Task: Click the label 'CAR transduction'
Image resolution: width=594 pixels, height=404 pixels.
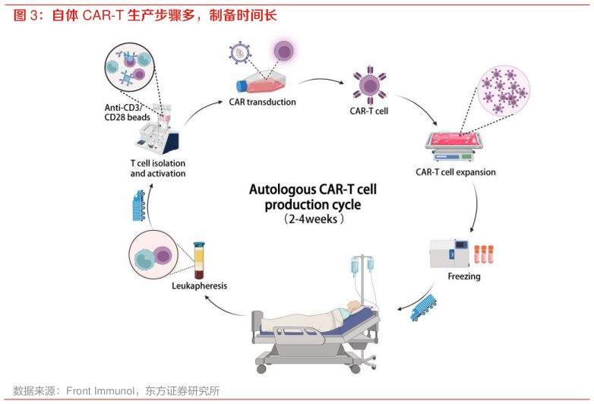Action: click(x=262, y=102)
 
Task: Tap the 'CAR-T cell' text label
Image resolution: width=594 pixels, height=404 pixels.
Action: click(x=369, y=111)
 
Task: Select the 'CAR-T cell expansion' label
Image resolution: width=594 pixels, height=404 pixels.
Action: click(x=456, y=172)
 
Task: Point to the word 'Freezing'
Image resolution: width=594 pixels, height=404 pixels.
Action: click(x=464, y=276)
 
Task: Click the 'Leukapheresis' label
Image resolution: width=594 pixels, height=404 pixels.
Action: click(x=200, y=286)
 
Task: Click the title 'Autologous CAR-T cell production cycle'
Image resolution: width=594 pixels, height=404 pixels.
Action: click(x=312, y=197)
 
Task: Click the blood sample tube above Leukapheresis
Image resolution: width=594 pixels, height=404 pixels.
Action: click(x=199, y=260)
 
